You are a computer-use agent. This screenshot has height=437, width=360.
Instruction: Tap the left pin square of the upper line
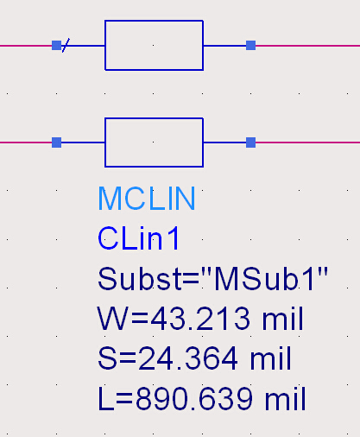[x=56, y=46]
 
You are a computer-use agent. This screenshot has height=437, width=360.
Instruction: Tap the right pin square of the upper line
[x=250, y=46]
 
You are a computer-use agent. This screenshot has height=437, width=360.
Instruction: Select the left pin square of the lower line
[x=56, y=142]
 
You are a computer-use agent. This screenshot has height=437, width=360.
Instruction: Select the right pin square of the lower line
[x=250, y=142]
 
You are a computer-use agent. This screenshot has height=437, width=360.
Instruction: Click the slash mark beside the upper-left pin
[x=66, y=45]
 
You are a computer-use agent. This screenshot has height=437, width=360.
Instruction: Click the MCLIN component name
[x=147, y=199]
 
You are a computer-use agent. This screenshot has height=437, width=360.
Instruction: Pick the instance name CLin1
[x=139, y=238]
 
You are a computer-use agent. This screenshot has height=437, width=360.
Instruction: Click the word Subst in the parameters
[x=139, y=279]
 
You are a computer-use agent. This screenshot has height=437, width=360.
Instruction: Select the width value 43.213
[x=200, y=319]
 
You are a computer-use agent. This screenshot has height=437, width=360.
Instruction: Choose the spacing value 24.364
[x=188, y=358]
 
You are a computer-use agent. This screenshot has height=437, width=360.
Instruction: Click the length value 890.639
[x=194, y=399]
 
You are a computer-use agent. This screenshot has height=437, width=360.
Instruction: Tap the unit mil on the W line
[x=282, y=318]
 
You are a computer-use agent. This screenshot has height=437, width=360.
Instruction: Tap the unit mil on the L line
[x=285, y=399]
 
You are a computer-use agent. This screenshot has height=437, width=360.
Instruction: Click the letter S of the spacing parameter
[x=107, y=358]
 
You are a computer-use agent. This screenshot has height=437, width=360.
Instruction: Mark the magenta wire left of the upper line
[x=26, y=46]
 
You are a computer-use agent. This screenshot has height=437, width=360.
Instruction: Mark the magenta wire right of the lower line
[x=307, y=142]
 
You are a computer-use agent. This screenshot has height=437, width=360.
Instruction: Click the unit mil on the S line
[x=270, y=358]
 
